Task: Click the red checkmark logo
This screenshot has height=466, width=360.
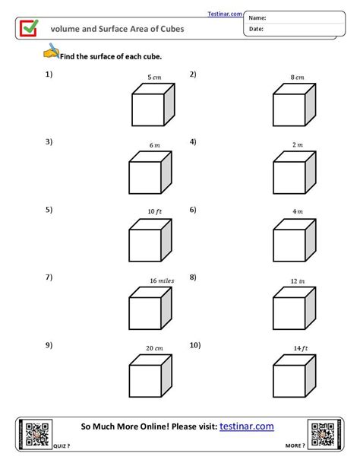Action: coord(29,27)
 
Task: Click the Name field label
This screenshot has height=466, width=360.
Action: coord(258,17)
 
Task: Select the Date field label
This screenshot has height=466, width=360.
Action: coord(257,29)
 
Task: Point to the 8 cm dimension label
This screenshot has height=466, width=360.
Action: coord(297,77)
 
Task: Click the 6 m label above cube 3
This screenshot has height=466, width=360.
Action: coord(155,144)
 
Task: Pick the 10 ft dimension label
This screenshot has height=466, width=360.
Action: coord(154,211)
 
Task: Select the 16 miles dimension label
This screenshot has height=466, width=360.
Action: coord(162,281)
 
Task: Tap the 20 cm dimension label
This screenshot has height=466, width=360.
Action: coord(155,348)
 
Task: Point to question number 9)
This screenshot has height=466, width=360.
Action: coord(49,345)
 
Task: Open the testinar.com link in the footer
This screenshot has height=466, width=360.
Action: coord(247,427)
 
